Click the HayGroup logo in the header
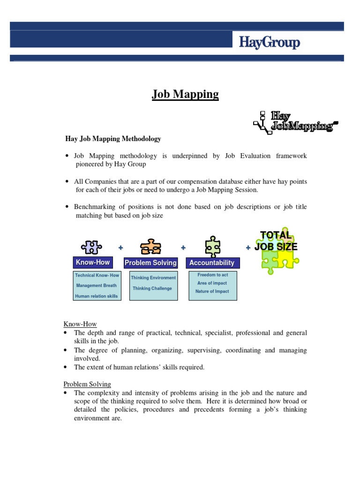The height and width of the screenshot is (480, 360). [269, 43]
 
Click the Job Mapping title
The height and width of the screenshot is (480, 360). [185, 94]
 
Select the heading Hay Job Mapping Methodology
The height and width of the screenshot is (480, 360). [112, 139]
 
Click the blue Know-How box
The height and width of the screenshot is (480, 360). [93, 262]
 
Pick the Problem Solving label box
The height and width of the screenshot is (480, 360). [150, 262]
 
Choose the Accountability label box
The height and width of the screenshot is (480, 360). [212, 262]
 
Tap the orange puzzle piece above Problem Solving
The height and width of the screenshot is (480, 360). [150, 247]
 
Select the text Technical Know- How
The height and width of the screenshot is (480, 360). [97, 276]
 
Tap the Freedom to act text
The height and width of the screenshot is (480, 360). [213, 275]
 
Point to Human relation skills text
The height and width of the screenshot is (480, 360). [97, 296]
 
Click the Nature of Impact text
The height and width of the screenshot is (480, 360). [212, 292]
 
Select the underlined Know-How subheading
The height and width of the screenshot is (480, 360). [80, 324]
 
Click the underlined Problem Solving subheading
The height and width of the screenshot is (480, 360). [87, 384]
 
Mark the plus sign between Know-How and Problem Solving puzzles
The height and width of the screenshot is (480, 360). [121, 247]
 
